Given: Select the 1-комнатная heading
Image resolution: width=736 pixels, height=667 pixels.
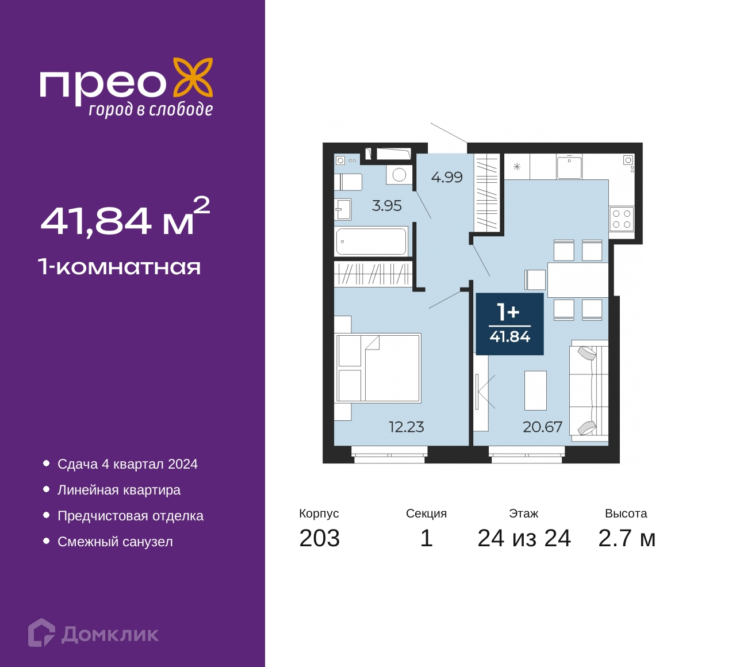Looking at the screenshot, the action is tap(120, 267).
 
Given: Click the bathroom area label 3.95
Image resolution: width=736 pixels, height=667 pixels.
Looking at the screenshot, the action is tap(387, 206).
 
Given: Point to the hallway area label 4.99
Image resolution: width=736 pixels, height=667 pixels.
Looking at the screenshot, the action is tap(447, 178).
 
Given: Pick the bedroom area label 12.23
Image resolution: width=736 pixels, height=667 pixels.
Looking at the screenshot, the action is tap(406, 427).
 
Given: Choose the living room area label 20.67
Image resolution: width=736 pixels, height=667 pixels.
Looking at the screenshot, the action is tap(542, 427).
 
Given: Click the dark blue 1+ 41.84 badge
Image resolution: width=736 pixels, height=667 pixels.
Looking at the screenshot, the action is tap(509, 324).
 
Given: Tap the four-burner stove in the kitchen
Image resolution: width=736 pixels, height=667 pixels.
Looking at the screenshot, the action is tap(622, 219).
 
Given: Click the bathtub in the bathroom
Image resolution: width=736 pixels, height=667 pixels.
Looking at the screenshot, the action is tap(371, 241).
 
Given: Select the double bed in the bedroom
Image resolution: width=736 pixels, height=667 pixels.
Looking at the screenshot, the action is tap(378, 367).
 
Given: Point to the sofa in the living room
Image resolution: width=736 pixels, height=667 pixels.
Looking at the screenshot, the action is tap(588, 391).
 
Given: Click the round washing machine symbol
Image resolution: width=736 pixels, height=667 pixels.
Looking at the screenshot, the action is tap(399, 175).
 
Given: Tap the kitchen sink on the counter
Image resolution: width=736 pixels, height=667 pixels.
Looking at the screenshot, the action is tap(569, 167).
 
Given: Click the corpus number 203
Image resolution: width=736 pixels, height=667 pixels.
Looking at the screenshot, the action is tap(320, 539).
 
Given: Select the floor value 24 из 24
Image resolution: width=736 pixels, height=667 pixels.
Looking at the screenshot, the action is tap(524, 539).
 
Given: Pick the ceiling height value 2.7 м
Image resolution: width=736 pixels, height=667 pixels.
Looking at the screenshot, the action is tap(627, 539).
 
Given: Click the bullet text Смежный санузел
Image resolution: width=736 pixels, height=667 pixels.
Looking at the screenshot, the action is tap(115, 542).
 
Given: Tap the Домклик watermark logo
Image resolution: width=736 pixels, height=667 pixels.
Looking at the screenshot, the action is tap(94, 632).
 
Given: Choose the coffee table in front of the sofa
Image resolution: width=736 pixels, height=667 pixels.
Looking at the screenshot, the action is tap(536, 390).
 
